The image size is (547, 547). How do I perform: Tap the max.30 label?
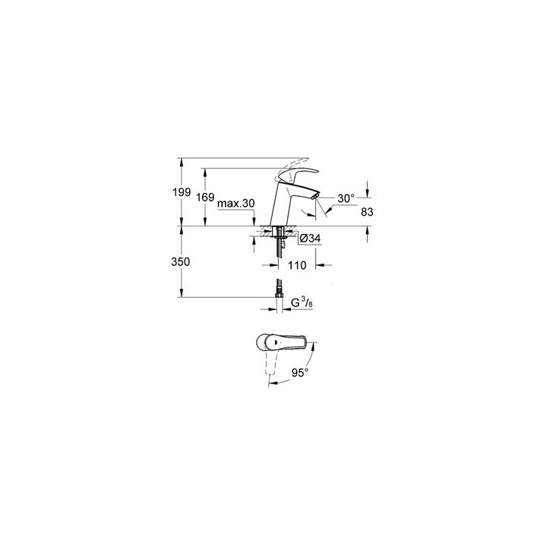[x=236, y=204]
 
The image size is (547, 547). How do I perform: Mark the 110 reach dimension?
[x=297, y=266]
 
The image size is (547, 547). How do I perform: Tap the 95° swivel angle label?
[x=302, y=374]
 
